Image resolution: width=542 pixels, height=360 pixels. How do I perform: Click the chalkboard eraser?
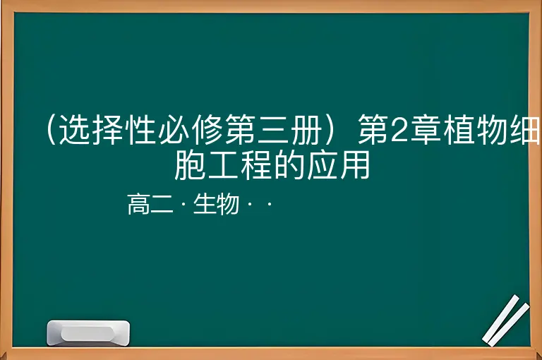coord(88,332)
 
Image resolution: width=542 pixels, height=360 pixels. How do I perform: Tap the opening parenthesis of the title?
coord(51,129)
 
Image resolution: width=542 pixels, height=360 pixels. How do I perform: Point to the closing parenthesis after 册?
coord(329,129)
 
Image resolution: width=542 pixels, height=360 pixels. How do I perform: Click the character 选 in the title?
coord(75,129)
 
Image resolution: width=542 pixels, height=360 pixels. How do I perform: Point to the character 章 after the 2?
coord(425,129)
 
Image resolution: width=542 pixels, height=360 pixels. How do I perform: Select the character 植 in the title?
coord(458,129)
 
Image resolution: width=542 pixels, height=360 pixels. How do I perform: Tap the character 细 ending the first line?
coord(525,129)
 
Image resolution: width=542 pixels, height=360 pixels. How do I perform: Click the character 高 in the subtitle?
coord(138,204)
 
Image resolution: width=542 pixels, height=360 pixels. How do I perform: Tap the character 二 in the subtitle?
coord(162,204)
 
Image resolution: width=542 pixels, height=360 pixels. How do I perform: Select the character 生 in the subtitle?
coord(205,204)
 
